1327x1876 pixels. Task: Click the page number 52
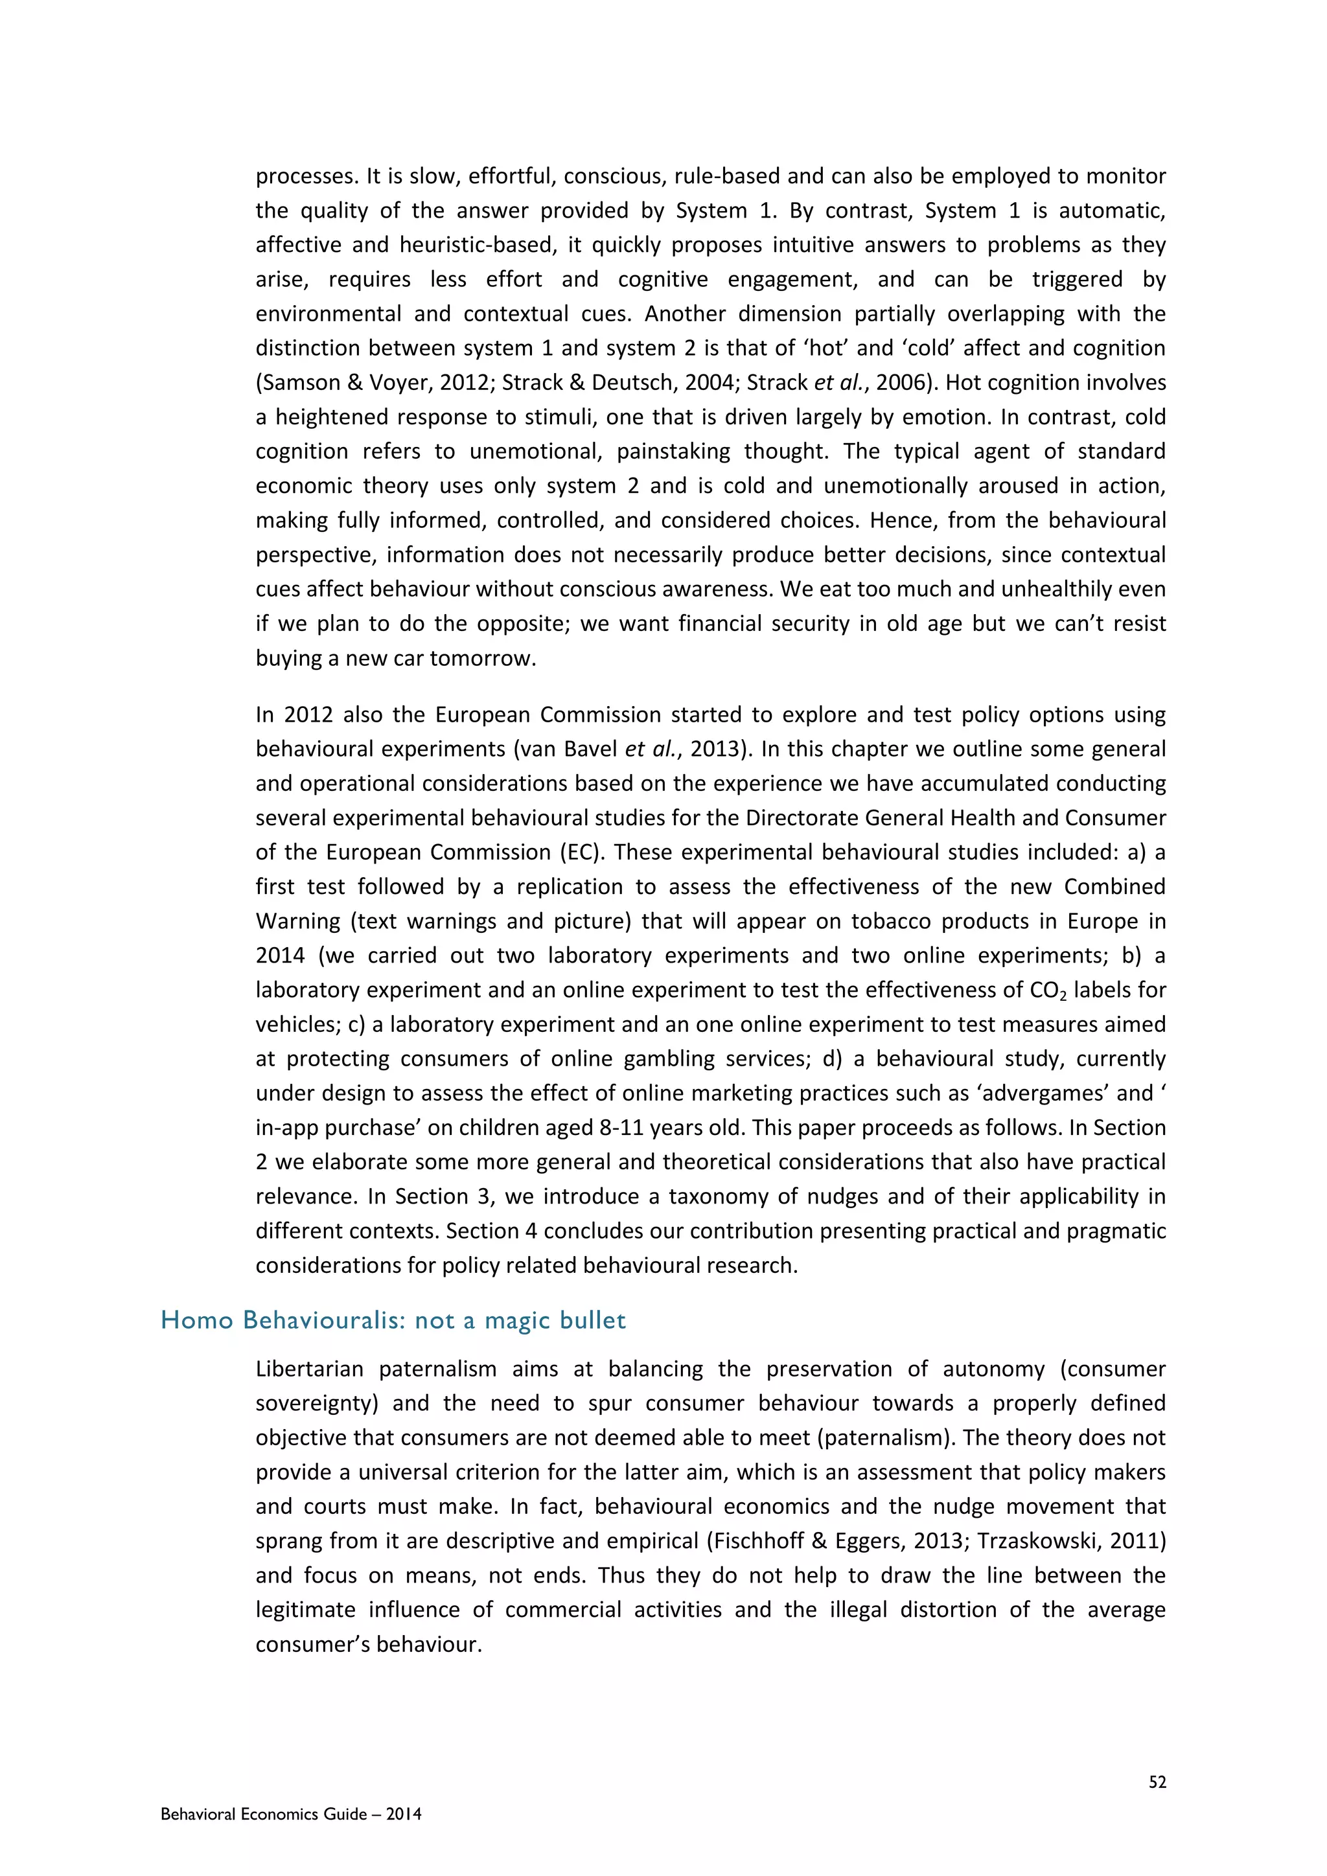tap(1157, 1782)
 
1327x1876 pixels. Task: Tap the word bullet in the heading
tap(594, 1320)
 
